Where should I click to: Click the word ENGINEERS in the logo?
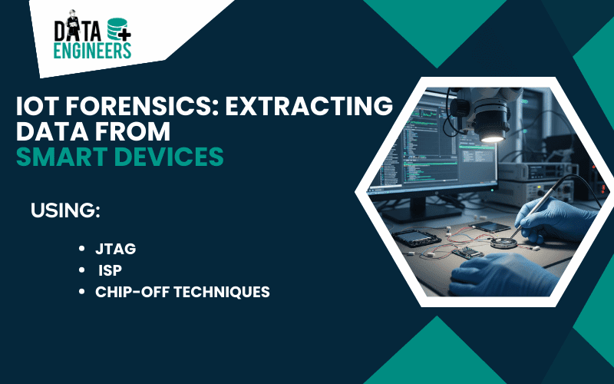point(92,51)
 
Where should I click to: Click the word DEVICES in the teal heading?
point(173,156)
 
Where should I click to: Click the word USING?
point(66,209)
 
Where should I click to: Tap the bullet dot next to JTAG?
point(82,249)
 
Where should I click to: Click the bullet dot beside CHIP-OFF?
point(82,292)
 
